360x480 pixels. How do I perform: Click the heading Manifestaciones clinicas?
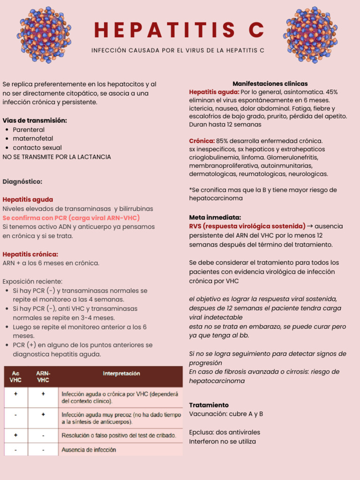tap(270, 83)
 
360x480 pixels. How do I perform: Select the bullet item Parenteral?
tap(29, 129)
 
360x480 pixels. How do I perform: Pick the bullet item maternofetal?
tap(33, 138)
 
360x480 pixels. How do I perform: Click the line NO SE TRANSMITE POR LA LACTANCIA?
tap(57, 157)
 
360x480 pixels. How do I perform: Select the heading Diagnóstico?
tap(22, 181)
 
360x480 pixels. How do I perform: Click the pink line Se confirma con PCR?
tap(71, 218)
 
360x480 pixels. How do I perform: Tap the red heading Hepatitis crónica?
tap(30, 254)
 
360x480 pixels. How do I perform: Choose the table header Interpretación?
tap(121, 374)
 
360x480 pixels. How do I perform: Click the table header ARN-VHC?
tap(43, 376)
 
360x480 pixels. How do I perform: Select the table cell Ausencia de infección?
tap(89, 450)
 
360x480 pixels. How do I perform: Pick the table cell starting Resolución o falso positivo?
tap(119, 435)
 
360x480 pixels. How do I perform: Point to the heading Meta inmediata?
tap(215, 217)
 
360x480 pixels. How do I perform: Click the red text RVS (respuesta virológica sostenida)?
tap(247, 226)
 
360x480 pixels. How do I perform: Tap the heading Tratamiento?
tap(209, 405)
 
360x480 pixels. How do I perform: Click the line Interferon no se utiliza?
tap(222, 441)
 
